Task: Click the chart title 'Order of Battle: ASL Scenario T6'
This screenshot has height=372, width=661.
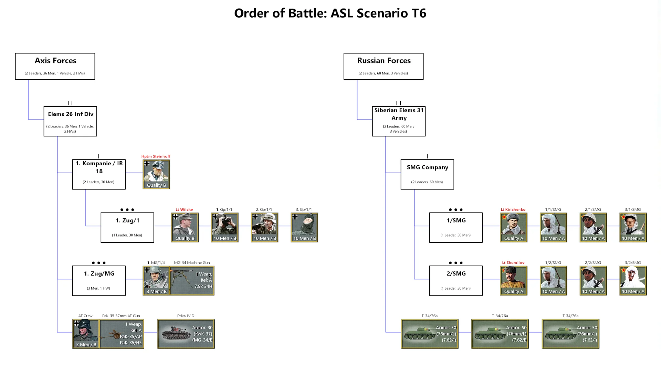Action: (330, 13)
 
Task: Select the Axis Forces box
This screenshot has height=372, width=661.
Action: (55, 66)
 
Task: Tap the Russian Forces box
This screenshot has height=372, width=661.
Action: (384, 66)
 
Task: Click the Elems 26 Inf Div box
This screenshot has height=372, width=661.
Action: (70, 121)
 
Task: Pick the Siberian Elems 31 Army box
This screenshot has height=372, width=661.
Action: (399, 121)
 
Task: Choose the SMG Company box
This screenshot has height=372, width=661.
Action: (427, 174)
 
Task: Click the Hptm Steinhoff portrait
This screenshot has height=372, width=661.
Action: (156, 174)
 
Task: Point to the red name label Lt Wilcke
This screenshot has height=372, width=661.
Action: (185, 209)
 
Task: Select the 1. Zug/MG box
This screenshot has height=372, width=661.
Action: (99, 280)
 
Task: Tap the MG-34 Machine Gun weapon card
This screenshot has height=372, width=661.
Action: (192, 280)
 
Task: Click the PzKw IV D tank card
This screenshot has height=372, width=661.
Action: (186, 333)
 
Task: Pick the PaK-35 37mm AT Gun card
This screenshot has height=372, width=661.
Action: (122, 333)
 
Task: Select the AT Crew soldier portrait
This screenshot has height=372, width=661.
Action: (86, 333)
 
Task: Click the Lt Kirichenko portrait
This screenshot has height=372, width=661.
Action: (513, 227)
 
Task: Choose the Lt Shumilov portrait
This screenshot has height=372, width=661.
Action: (513, 280)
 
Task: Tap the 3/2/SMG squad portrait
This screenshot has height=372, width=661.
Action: (633, 280)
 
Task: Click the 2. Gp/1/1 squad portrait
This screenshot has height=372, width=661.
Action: (264, 227)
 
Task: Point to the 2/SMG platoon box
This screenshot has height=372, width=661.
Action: (456, 280)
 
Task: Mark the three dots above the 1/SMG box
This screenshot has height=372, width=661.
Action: (456, 210)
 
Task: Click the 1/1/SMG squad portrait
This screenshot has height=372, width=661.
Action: (553, 227)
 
